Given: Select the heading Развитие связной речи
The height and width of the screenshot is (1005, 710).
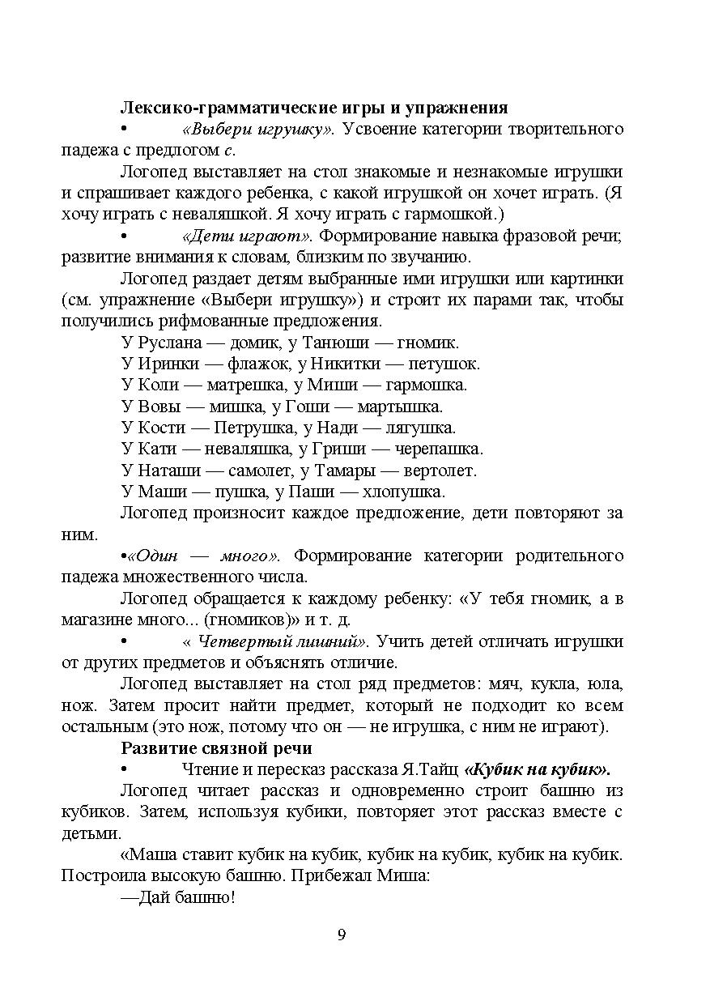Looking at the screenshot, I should click(x=216, y=747).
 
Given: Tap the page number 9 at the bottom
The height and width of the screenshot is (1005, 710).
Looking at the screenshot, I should click(x=342, y=935).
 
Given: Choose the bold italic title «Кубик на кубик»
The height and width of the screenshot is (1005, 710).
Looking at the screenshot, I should click(x=538, y=769).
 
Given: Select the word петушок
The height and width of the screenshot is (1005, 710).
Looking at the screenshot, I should click(x=444, y=364).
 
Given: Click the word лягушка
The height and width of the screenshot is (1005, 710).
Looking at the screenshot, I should click(x=421, y=428).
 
